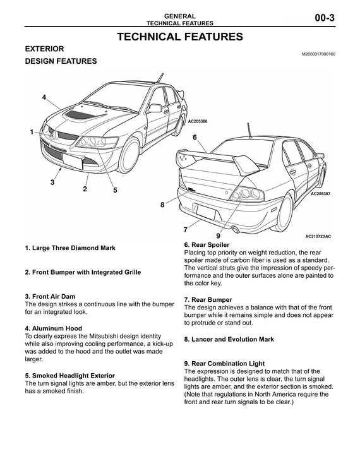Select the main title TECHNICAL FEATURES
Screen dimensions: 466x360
(x=180, y=37)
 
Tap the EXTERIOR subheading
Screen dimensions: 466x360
(x=44, y=49)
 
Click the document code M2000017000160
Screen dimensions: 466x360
(x=319, y=54)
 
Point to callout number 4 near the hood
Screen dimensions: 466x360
(x=44, y=97)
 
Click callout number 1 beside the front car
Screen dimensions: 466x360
(x=30, y=132)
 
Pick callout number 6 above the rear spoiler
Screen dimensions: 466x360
(x=195, y=137)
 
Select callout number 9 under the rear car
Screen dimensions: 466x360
(x=217, y=236)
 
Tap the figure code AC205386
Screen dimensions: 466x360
(x=198, y=120)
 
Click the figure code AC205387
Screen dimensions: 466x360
(x=321, y=194)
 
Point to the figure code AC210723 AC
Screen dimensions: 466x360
(x=318, y=237)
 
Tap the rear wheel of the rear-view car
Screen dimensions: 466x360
(x=287, y=208)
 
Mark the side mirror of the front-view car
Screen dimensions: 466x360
(x=155, y=108)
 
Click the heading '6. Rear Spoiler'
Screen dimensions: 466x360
(x=207, y=244)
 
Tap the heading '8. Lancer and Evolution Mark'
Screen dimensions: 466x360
(x=229, y=339)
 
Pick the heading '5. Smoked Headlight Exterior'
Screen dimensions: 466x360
(x=69, y=376)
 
